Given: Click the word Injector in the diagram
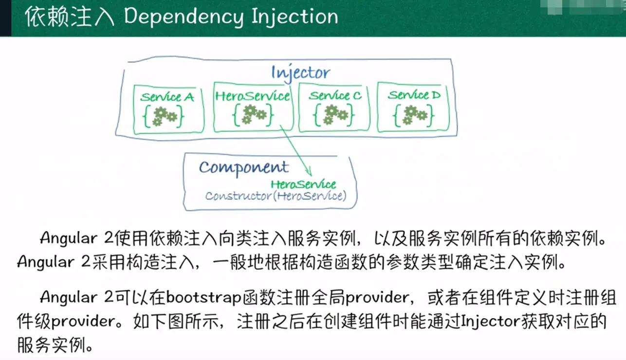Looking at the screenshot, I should pyautogui.click(x=301, y=73).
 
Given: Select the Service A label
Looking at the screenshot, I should pyautogui.click(x=167, y=97).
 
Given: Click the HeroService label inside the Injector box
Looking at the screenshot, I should pyautogui.click(x=253, y=96).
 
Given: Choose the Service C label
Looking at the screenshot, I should pyautogui.click(x=335, y=95).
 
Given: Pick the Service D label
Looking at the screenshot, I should pyautogui.click(x=414, y=95).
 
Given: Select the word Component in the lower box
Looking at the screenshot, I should pyautogui.click(x=243, y=167).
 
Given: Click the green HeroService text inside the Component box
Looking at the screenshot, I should pyautogui.click(x=303, y=184).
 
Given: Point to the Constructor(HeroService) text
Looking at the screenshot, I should pyautogui.click(x=276, y=196).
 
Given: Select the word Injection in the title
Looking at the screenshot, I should pyautogui.click(x=295, y=17).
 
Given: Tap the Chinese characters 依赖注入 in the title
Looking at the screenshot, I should pyautogui.click(x=69, y=17).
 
